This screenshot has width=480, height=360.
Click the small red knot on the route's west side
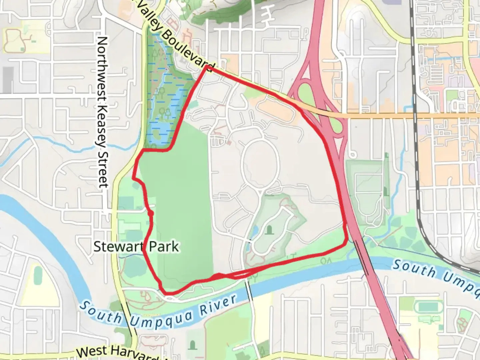151,213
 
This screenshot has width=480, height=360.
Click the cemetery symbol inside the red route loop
269,229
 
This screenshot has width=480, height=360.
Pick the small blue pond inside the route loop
255,230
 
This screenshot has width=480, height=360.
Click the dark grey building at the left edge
8,80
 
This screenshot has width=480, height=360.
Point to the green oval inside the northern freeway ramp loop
305,92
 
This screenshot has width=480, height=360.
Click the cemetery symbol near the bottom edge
192,345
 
